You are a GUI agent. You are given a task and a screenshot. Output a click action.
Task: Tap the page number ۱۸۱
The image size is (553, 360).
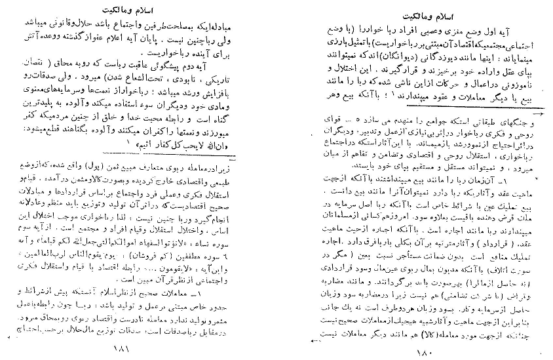122,351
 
